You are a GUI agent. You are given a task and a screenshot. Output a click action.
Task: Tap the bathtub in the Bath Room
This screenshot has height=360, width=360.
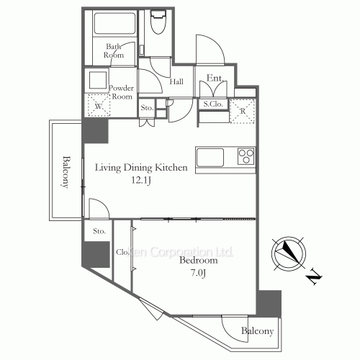(x=114, y=23)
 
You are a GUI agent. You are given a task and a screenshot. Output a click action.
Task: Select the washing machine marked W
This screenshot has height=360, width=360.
(x=99, y=105)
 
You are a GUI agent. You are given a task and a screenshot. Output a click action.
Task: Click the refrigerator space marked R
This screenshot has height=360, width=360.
(x=243, y=111)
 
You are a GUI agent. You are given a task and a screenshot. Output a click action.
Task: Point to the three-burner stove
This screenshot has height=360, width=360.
(x=246, y=156)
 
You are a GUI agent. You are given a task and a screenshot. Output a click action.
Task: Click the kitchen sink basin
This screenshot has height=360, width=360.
(x=210, y=157)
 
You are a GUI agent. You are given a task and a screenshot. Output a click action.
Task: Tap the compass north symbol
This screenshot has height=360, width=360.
(x=289, y=254)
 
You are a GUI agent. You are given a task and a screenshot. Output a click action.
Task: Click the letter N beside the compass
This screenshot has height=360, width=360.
(x=314, y=277)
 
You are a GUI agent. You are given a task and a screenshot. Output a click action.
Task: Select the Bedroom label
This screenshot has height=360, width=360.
(x=199, y=260)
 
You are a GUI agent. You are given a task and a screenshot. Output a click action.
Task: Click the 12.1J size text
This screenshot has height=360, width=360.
(x=141, y=180)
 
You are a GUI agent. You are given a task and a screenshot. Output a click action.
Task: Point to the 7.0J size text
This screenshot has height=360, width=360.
(x=199, y=273)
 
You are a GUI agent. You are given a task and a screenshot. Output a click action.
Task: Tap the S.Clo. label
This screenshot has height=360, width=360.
(x=213, y=104)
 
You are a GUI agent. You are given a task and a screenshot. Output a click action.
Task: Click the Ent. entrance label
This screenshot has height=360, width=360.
(x=215, y=78)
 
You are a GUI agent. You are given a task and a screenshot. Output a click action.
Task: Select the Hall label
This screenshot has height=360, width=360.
(x=176, y=81)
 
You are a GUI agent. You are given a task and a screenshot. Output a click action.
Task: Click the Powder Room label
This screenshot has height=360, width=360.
(x=121, y=92)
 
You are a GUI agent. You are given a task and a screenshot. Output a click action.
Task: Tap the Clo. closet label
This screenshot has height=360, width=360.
(x=122, y=252)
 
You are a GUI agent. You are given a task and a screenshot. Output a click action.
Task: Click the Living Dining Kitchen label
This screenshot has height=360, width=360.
(x=141, y=168)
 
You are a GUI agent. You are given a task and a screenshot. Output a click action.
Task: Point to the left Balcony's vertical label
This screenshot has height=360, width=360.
(x=65, y=172)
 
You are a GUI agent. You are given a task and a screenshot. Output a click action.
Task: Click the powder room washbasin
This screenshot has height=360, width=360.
(x=98, y=80)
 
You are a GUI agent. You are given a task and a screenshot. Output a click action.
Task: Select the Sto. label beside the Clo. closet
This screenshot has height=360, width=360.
(x=99, y=231)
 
